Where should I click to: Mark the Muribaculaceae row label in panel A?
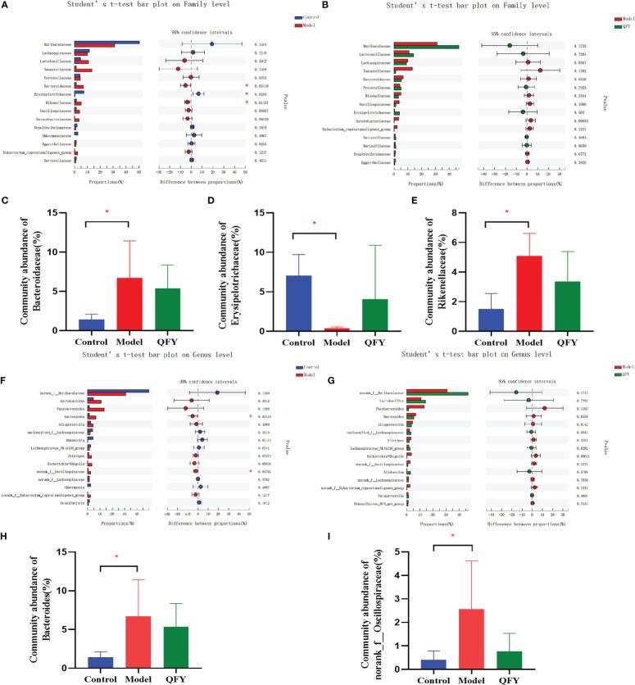[53, 43]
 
